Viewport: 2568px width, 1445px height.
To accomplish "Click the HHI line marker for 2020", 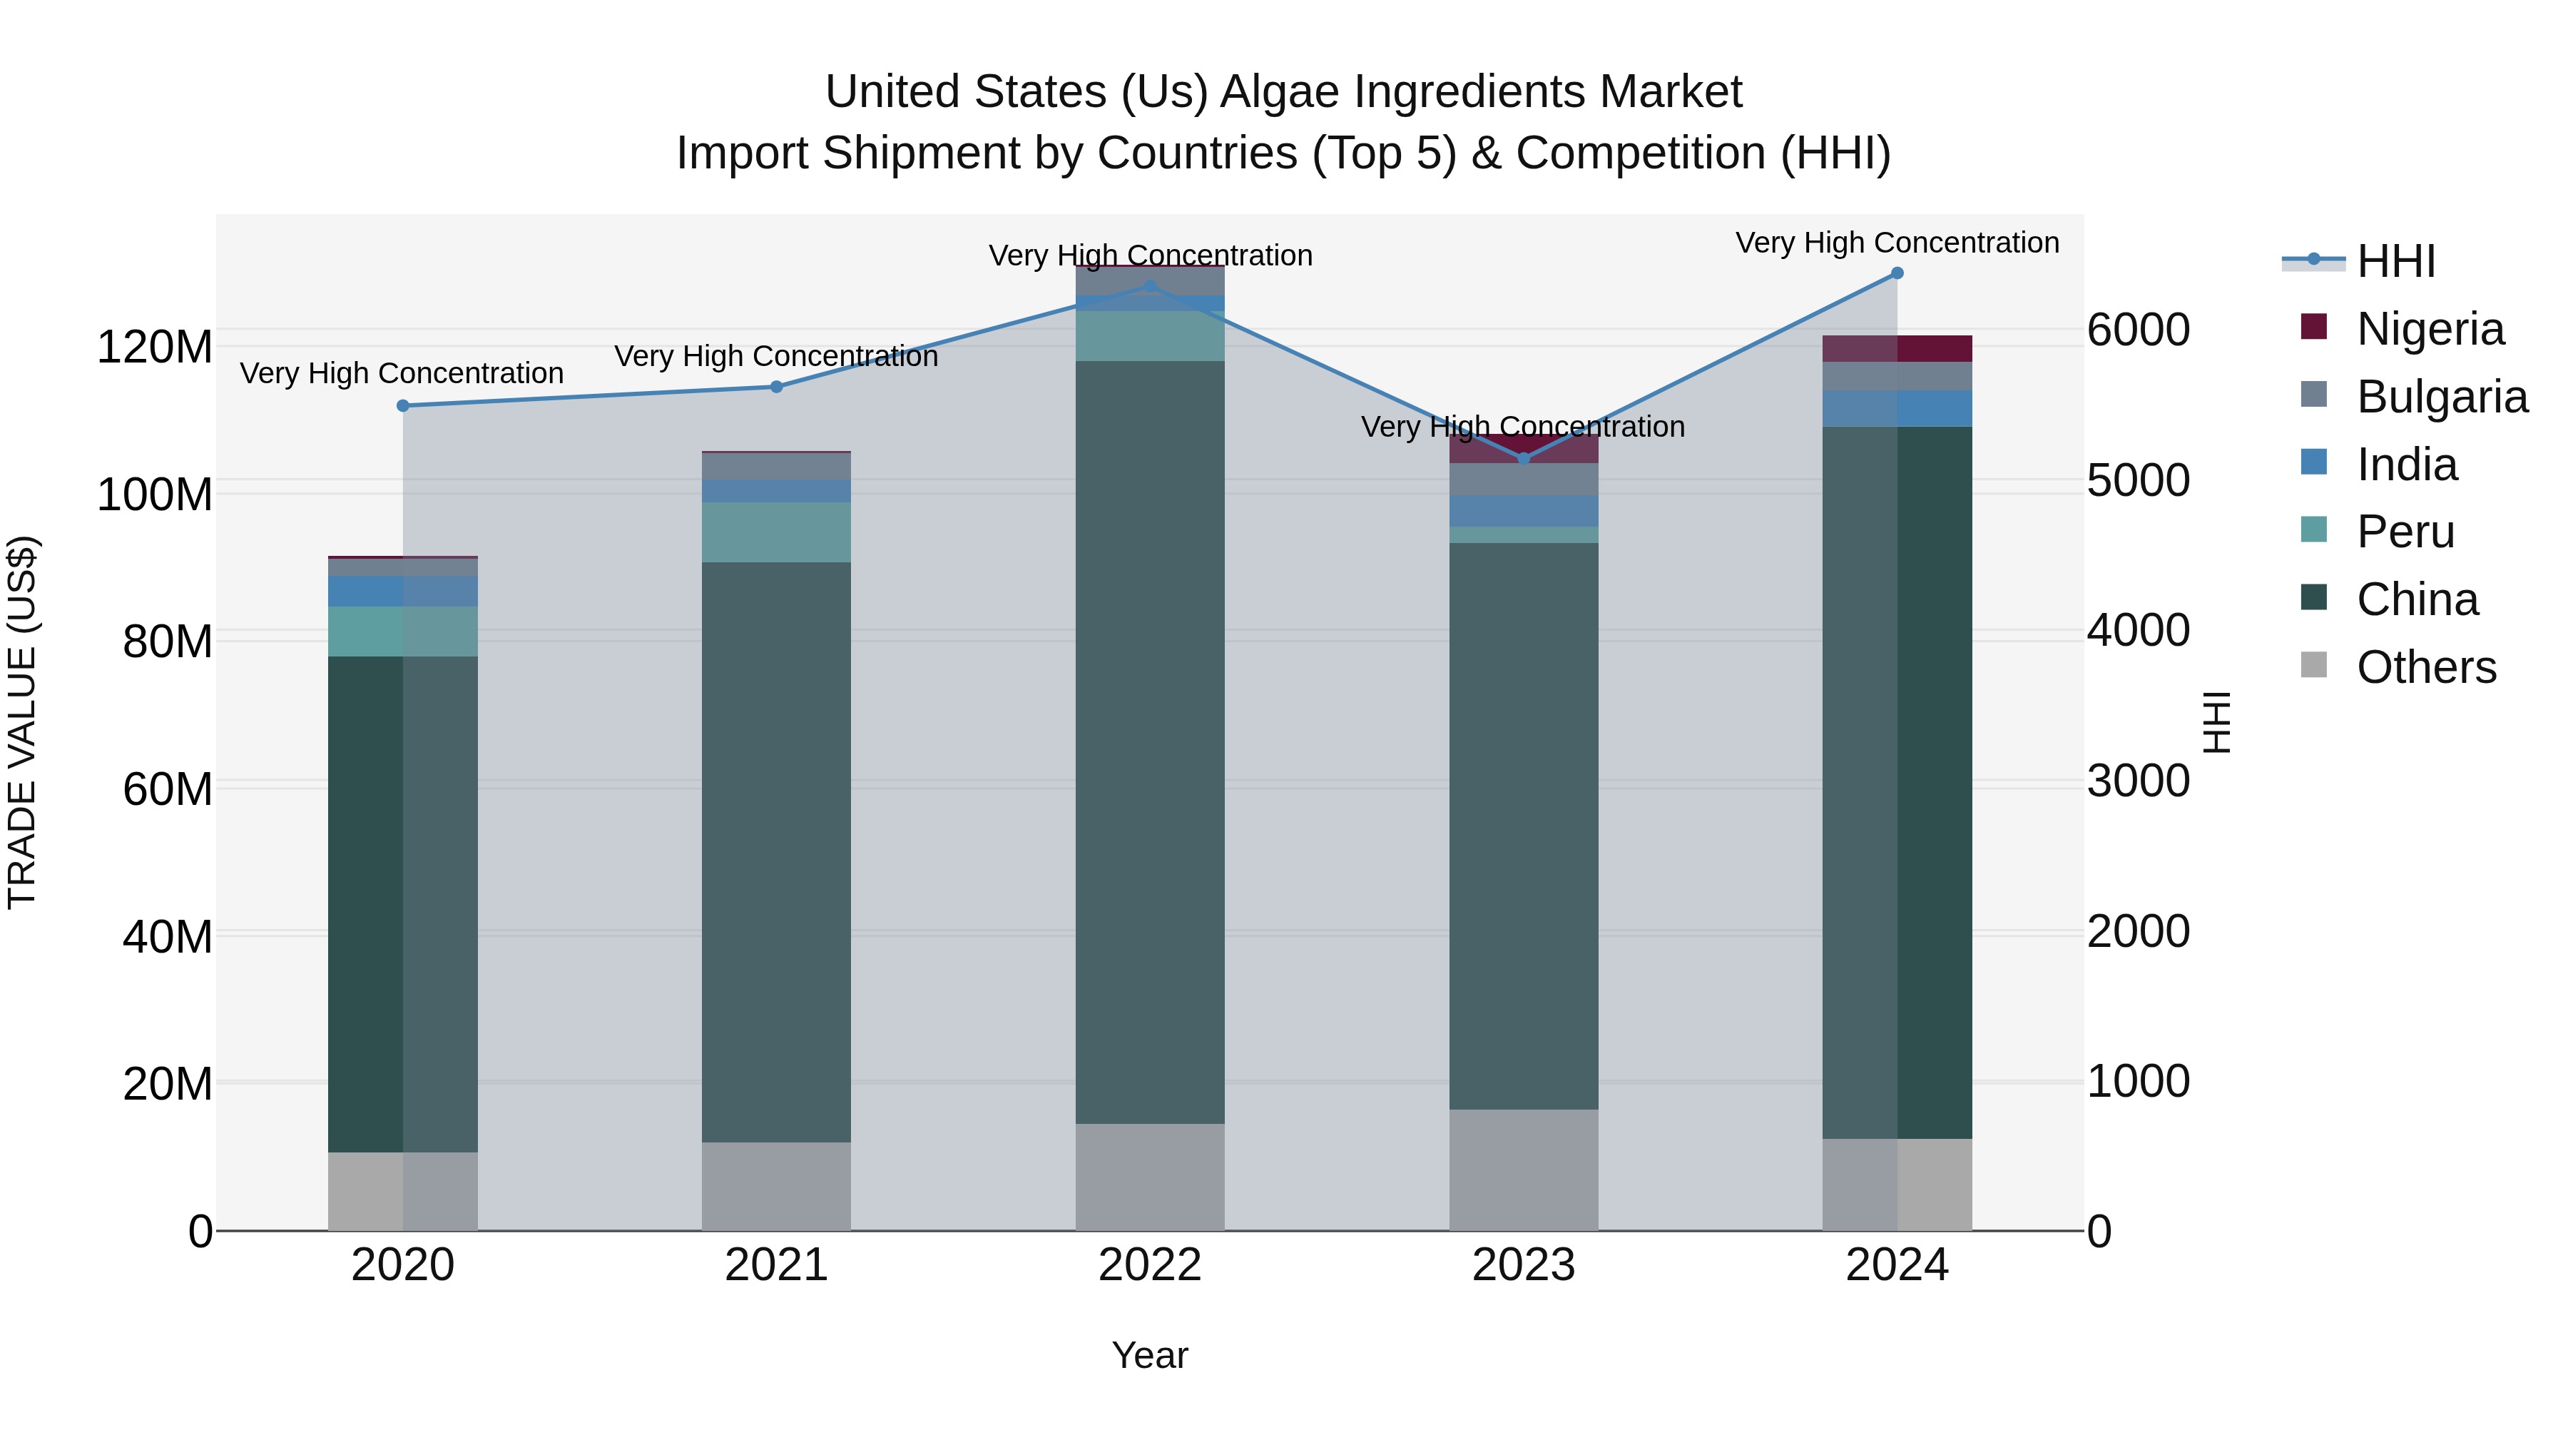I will pos(403,406).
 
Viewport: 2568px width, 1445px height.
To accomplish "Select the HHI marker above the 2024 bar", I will pos(1897,273).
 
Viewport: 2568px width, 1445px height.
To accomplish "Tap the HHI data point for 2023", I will pos(1523,459).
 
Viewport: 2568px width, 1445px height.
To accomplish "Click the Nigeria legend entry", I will pos(2430,329).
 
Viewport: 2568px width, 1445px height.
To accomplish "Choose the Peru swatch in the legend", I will pos(2314,529).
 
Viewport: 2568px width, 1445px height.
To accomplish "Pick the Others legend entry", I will pos(2425,667).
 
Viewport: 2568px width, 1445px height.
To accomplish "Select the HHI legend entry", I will pos(2395,261).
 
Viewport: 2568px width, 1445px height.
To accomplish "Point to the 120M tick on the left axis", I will pos(155,348).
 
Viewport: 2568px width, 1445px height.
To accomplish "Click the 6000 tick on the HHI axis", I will pos(2139,330).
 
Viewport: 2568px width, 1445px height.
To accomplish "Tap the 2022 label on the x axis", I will pos(1149,1265).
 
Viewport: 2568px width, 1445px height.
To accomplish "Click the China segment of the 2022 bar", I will pos(1149,743).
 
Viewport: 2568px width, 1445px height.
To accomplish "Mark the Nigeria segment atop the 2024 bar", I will pos(1897,349).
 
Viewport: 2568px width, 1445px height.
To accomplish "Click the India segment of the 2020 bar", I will pos(403,592).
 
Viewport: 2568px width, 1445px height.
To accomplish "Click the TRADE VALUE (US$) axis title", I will pos(22,722).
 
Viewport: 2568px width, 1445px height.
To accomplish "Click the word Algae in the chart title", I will pos(1281,92).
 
